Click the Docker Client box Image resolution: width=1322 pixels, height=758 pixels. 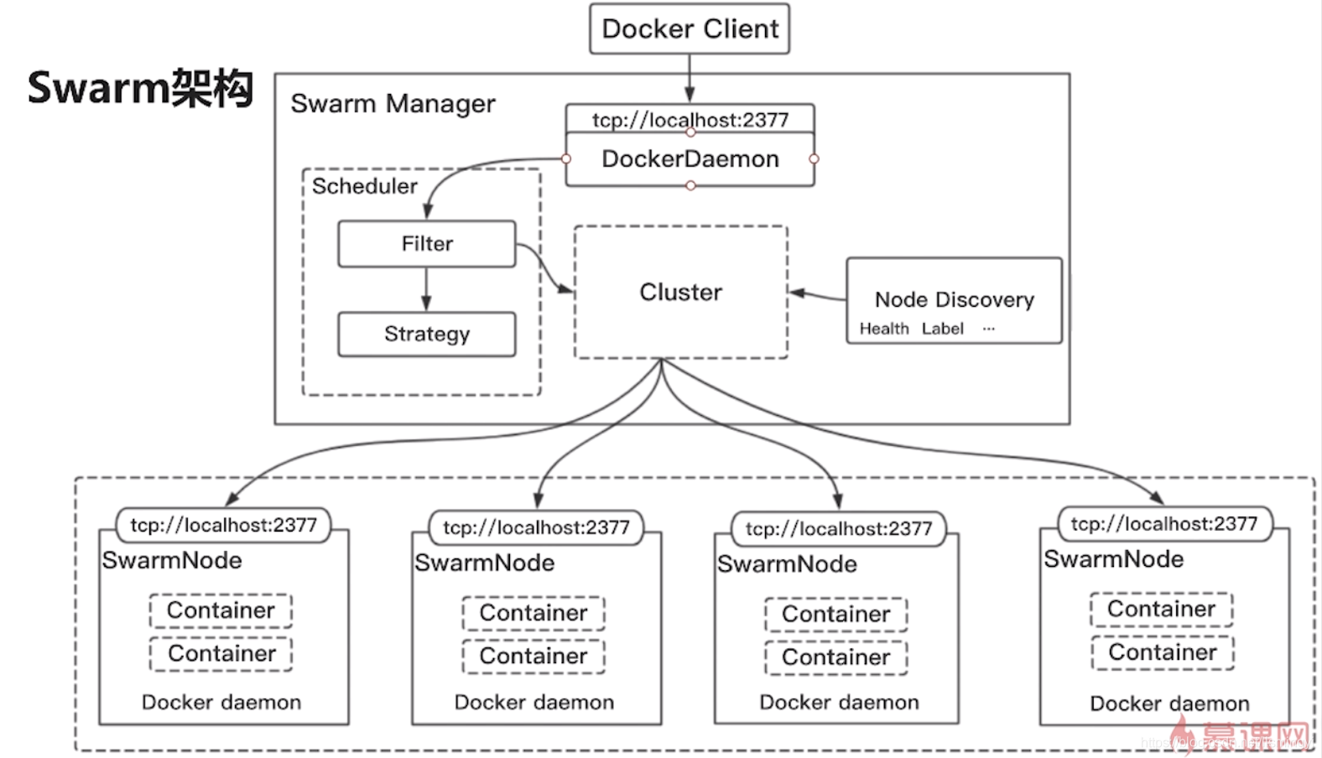pyautogui.click(x=690, y=29)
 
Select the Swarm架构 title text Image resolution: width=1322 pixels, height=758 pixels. pyautogui.click(x=140, y=88)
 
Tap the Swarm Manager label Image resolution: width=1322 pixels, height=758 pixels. pyautogui.click(x=393, y=104)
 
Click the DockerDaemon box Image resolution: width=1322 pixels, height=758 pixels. pyautogui.click(x=690, y=159)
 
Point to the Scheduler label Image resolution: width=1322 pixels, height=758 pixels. pyautogui.click(x=364, y=186)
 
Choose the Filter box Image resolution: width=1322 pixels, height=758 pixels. pyautogui.click(x=426, y=244)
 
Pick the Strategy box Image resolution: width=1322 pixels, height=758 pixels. pyautogui.click(x=426, y=335)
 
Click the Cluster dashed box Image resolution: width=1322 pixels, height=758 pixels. pyautogui.click(x=680, y=292)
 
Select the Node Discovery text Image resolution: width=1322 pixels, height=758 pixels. pyautogui.click(x=954, y=299)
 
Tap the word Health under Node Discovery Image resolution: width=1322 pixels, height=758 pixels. pyautogui.click(x=883, y=329)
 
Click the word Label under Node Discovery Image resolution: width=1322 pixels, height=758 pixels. pyautogui.click(x=942, y=329)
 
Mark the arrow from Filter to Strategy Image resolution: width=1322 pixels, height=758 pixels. pyautogui.click(x=426, y=289)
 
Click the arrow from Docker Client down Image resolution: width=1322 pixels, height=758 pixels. pyautogui.click(x=690, y=79)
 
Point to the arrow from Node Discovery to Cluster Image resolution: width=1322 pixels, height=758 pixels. pyautogui.click(x=817, y=294)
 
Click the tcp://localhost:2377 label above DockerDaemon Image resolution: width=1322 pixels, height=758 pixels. pyautogui.click(x=690, y=119)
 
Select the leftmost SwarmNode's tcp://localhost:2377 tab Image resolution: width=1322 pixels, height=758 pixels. pyautogui.click(x=223, y=526)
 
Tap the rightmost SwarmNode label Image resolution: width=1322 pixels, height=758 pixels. pyautogui.click(x=1113, y=559)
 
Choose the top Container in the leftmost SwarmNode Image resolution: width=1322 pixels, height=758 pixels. pyautogui.click(x=221, y=610)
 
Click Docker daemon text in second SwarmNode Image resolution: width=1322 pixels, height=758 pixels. pyautogui.click(x=533, y=703)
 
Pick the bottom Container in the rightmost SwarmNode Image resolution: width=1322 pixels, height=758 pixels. pyautogui.click(x=1162, y=652)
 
